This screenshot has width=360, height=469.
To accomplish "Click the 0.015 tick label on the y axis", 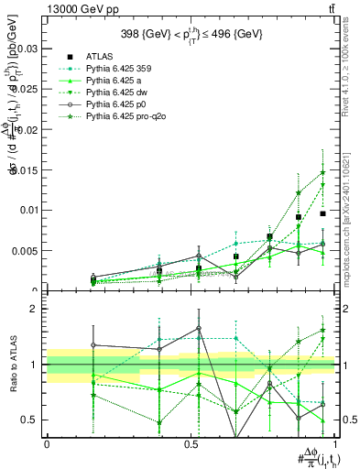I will pyautogui.click(x=26, y=169).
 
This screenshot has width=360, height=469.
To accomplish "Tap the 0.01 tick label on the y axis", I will pyautogui.click(x=28, y=210).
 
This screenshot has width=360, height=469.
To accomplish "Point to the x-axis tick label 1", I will pyautogui.click(x=335, y=444).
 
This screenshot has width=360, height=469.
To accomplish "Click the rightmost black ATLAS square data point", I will pyautogui.click(x=322, y=213).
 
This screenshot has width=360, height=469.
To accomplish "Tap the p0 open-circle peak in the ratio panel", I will pyautogui.click(x=198, y=328).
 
